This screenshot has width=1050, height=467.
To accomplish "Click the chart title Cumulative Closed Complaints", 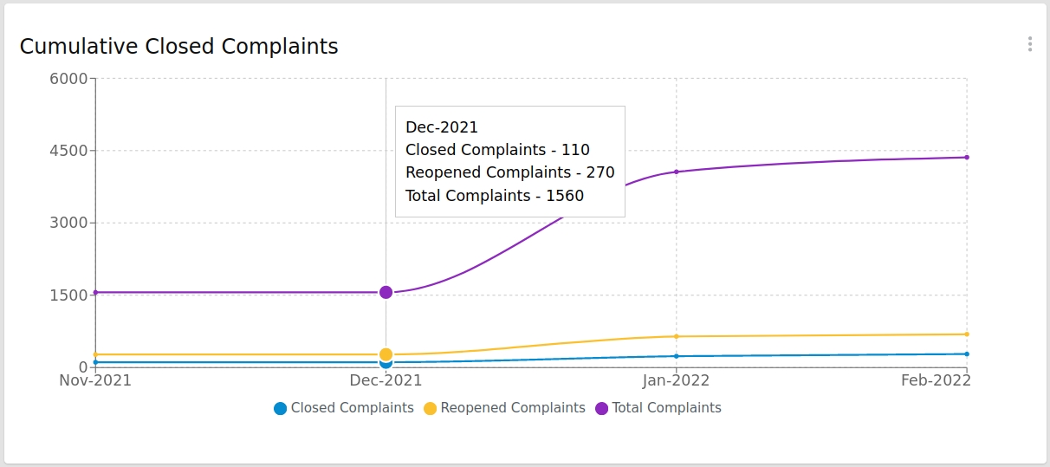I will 178,47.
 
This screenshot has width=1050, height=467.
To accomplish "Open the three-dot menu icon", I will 1029,44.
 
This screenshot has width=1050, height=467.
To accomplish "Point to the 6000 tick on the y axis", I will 70,79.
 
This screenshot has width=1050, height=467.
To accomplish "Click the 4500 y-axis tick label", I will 70,151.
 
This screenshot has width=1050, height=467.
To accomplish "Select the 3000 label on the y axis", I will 70,223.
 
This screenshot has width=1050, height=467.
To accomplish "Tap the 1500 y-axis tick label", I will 70,295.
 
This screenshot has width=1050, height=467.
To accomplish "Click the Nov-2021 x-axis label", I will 95,380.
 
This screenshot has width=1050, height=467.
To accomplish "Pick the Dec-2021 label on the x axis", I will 386,380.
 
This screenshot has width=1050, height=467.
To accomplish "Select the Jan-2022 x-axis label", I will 676,380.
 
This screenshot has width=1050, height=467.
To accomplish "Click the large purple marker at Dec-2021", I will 386,293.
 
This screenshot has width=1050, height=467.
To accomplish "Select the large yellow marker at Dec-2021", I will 386,354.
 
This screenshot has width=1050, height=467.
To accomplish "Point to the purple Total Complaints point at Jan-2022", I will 676,172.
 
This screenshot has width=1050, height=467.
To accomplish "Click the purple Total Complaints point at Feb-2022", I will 966,158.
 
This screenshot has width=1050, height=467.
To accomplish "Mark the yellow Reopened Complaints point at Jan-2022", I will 676,336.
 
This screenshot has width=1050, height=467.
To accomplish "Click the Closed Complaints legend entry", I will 344,408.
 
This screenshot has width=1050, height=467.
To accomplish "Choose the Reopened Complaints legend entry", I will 504,408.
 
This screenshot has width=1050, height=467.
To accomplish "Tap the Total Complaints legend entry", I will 658,408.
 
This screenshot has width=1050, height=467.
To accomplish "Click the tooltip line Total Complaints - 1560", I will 495,196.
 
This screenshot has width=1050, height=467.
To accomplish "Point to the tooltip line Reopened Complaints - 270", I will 509,172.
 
